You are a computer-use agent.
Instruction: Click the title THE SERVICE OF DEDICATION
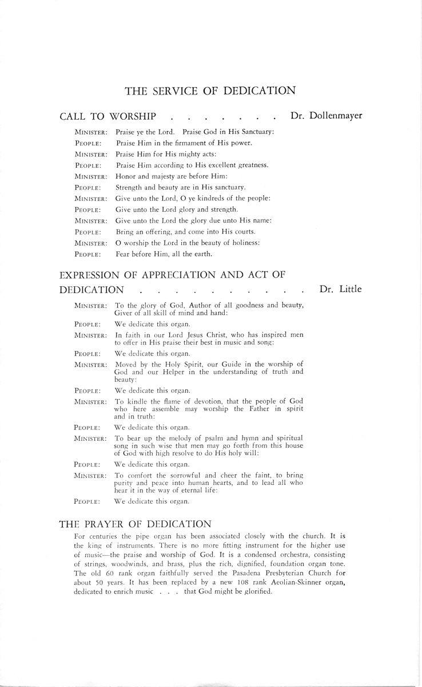[210, 90]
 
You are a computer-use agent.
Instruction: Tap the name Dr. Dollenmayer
[326, 116]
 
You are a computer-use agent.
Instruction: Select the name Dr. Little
[340, 289]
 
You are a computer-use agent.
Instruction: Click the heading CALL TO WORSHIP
[108, 116]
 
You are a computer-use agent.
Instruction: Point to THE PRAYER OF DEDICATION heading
[136, 523]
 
